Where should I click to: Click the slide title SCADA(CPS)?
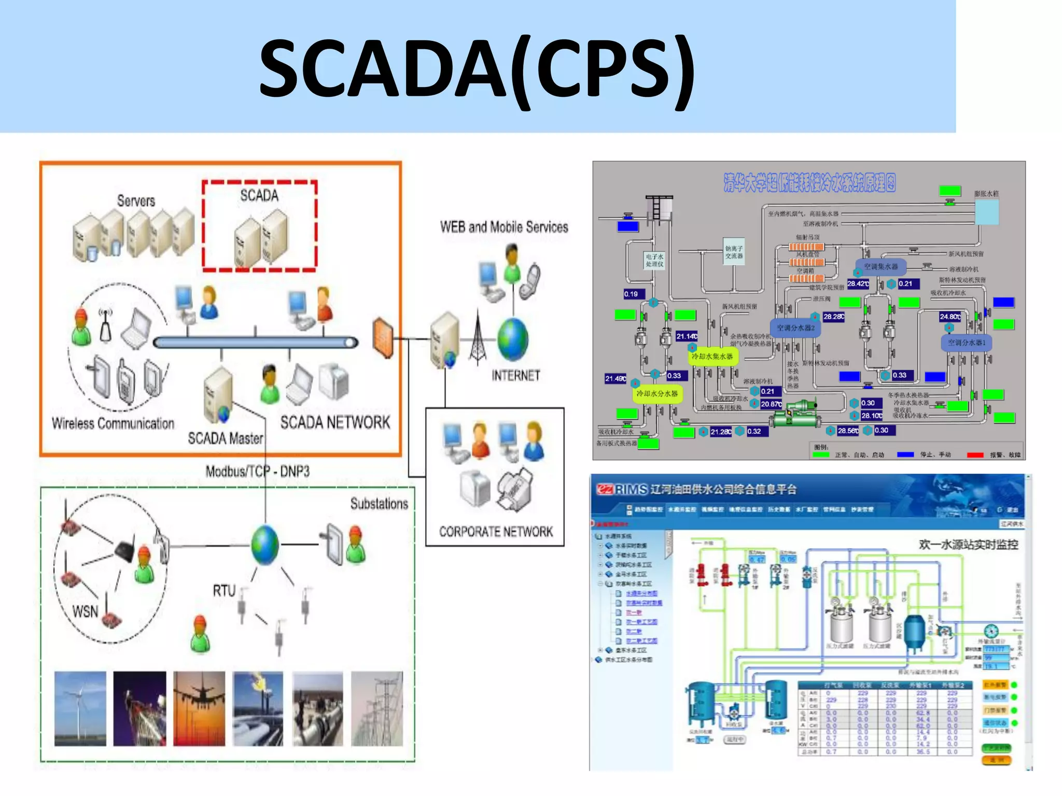coord(477,68)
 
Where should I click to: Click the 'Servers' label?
coord(136,201)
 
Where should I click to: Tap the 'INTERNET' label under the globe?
coord(515,375)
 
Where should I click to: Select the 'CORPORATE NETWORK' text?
coord(496,532)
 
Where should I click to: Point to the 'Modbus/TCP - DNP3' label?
coord(257,471)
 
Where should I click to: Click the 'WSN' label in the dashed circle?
coord(85,612)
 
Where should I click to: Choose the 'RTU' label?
coord(224,591)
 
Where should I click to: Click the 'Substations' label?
coord(379,504)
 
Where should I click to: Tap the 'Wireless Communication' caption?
coord(113,423)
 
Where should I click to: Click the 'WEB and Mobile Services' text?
coord(504,227)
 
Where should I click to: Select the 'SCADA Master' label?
coord(225,438)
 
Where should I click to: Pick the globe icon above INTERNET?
coord(512,339)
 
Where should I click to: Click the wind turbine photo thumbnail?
coord(80,708)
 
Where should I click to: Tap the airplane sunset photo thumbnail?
coord(199,708)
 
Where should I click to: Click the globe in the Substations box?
coord(265,545)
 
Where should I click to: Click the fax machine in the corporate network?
coord(515,489)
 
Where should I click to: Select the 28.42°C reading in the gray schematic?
coord(858,283)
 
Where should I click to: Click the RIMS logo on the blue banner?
coord(622,489)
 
